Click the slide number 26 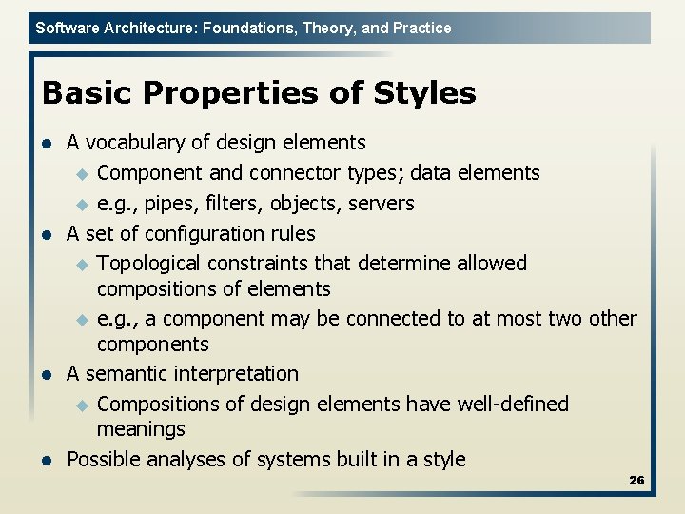click(636, 481)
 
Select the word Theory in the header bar click(329, 28)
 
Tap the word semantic click(124, 374)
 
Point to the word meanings click(141, 430)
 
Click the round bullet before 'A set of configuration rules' click(45, 234)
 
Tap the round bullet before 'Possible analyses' click(45, 461)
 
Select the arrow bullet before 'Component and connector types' click(82, 174)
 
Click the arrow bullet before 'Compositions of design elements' click(82, 405)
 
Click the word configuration click(197, 234)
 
